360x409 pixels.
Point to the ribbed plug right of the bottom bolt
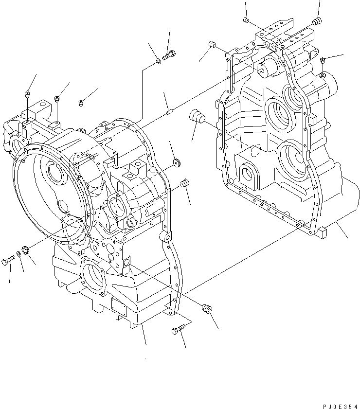pos(207,307)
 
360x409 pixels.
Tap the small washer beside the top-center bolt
pos(159,61)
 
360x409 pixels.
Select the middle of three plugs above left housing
pos(57,99)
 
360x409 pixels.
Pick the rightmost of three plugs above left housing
pos(81,103)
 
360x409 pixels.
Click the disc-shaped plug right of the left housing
pos(176,161)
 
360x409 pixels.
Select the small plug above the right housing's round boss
pos(323,60)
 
